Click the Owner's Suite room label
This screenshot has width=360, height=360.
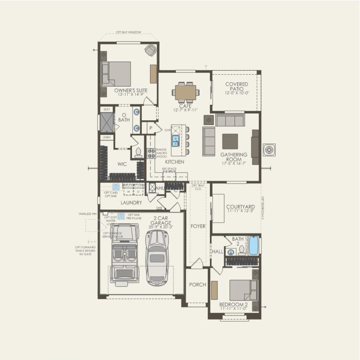pyautogui.click(x=131, y=91)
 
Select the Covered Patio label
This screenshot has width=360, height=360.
pyautogui.click(x=236, y=87)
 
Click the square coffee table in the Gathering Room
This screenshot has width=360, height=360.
pyautogui.click(x=230, y=141)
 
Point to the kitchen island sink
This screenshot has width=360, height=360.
pyautogui.click(x=176, y=141)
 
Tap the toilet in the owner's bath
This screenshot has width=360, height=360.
pyautogui.click(x=138, y=152)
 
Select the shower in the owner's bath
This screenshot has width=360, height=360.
pyautogui.click(x=106, y=122)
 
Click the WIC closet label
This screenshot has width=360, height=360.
pyautogui.click(x=122, y=164)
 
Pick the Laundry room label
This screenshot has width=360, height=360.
pyautogui.click(x=131, y=202)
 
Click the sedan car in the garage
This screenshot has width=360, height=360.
pyautogui.click(x=157, y=257)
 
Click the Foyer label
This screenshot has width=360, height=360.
pyautogui.click(x=198, y=226)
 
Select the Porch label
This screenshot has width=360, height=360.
pyautogui.click(x=197, y=285)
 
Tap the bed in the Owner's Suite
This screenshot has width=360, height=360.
pyautogui.click(x=116, y=74)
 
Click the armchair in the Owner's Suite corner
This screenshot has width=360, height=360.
pyautogui.click(x=150, y=51)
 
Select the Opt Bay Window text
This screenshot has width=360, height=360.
pyautogui.click(x=128, y=32)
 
